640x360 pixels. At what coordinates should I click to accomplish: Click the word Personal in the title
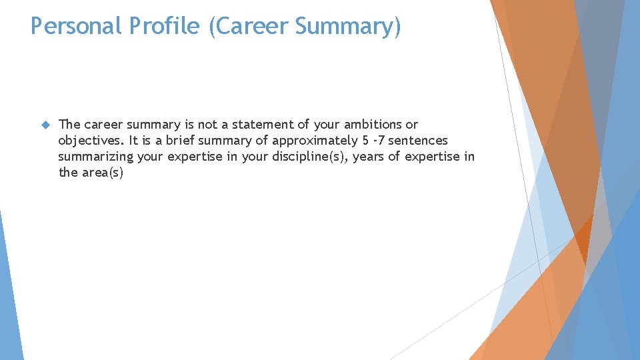(75, 26)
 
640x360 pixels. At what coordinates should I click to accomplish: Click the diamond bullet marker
(45, 125)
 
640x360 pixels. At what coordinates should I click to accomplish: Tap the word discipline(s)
(311, 157)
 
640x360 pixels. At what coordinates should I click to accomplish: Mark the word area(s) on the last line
(103, 173)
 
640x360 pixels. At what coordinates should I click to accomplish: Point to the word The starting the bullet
(69, 125)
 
